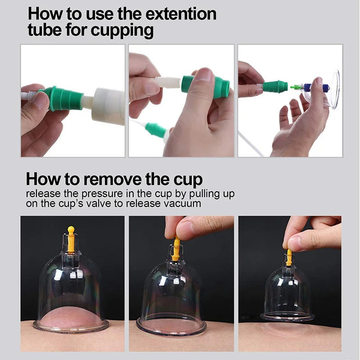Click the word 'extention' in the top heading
click(180, 13)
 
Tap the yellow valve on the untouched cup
click(71, 239)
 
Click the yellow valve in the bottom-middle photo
click(176, 249)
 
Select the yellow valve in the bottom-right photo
click(289, 257)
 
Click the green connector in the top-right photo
click(275, 86)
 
